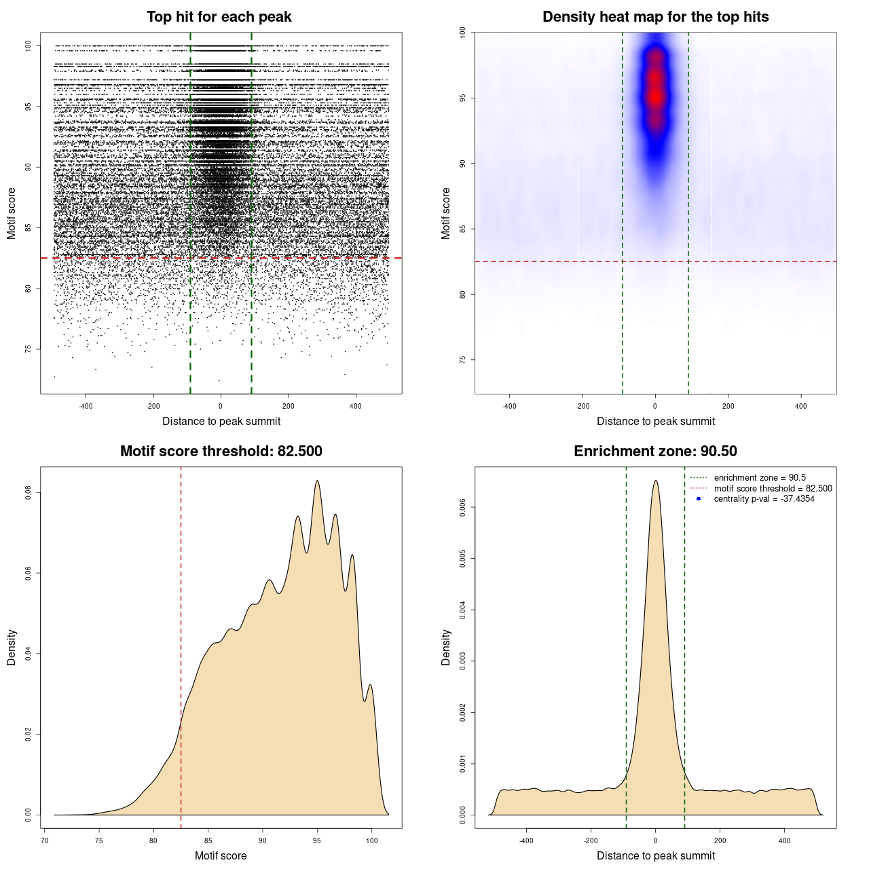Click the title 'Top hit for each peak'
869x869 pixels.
click(219, 17)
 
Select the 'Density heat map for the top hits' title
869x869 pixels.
click(655, 17)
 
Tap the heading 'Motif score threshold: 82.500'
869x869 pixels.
click(221, 451)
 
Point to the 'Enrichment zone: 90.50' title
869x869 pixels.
click(655, 451)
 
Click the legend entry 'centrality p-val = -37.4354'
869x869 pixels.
click(764, 499)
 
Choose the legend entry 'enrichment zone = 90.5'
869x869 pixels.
click(760, 478)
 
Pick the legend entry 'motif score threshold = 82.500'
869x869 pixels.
click(773, 489)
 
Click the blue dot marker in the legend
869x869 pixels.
click(699, 499)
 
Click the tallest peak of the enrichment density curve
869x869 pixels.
click(655, 481)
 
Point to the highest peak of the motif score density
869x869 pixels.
click(317, 481)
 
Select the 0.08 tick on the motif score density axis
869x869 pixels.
click(29, 492)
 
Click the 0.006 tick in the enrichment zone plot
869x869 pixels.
click(463, 507)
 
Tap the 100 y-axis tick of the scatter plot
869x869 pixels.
click(29, 45)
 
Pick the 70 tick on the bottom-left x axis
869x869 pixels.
click(45, 840)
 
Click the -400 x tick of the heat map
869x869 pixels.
click(509, 406)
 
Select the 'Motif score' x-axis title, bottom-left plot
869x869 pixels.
click(221, 855)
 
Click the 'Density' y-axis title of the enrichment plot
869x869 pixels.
click(446, 647)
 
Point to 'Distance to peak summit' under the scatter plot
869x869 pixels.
click(221, 421)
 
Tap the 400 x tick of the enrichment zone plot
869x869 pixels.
click(785, 840)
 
